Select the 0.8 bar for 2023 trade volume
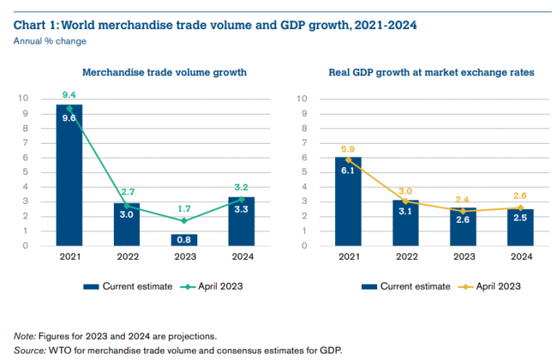[184, 240]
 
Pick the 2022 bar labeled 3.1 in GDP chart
[406, 223]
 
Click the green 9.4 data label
[70, 94]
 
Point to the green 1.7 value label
[184, 208]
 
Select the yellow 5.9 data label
[349, 150]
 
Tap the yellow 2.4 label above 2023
[463, 199]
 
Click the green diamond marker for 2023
[184, 221]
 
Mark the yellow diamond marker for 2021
[349, 160]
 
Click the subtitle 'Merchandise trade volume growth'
[165, 73]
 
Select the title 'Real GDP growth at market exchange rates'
[433, 73]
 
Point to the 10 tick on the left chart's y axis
[24, 99]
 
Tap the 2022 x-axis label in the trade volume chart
[127, 257]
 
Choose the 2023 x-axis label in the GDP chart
[463, 257]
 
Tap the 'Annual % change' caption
[50, 41]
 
